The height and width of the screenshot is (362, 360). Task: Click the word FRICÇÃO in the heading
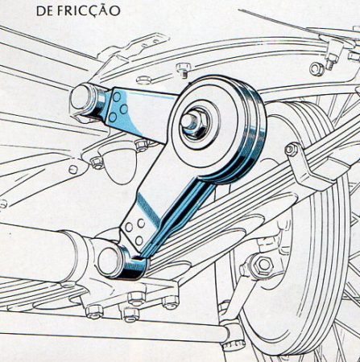tap(89, 11)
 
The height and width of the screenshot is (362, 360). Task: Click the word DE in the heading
tap(45, 10)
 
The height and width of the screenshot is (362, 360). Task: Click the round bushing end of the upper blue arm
tap(82, 98)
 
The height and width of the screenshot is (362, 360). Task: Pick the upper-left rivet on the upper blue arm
tap(117, 97)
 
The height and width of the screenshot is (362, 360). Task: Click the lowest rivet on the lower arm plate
tap(139, 240)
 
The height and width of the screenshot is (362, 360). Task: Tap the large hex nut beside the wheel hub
tap(263, 265)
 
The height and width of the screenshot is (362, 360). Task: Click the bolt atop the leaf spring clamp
tap(292, 150)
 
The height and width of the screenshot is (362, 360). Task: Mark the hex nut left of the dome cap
tap(97, 162)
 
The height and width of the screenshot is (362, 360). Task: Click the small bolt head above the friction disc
tap(184, 68)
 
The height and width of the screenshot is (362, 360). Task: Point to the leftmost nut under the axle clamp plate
tap(94, 311)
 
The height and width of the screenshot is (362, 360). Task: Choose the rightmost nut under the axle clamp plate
tap(171, 302)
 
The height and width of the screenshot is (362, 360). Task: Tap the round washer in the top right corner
tap(317, 69)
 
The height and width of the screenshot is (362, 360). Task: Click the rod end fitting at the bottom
tap(234, 335)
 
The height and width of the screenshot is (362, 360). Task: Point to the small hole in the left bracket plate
tap(72, 169)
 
